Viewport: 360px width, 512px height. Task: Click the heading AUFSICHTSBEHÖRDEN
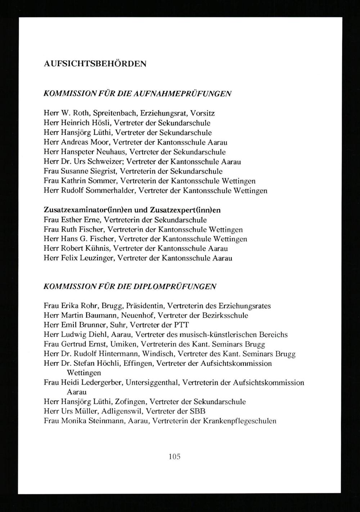pyautogui.click(x=95, y=64)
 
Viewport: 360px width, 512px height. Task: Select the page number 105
pyautogui.click(x=174, y=457)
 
